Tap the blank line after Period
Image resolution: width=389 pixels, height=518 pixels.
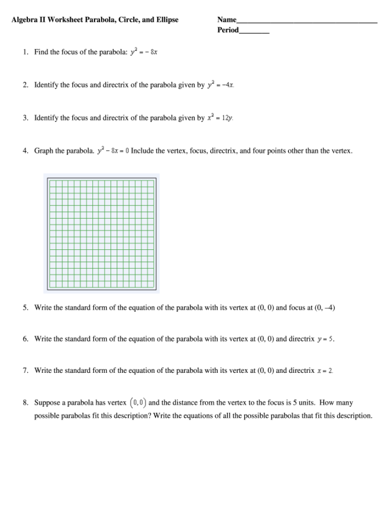tap(254, 31)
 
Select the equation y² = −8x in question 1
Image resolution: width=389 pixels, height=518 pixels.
tap(144, 52)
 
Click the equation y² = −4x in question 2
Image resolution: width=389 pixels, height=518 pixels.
tap(221, 85)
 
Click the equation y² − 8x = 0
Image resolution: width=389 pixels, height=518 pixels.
tap(113, 151)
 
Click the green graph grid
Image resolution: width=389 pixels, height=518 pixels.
tap(101, 233)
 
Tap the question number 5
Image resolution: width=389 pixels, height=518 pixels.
tap(26, 307)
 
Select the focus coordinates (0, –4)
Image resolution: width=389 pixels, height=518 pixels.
tap(325, 307)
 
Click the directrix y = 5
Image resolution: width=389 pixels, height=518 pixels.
tap(326, 339)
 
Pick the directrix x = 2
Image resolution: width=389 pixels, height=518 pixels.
tap(325, 371)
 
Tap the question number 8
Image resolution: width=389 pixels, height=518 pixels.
tap(26, 402)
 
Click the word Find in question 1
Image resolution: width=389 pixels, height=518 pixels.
tap(41, 52)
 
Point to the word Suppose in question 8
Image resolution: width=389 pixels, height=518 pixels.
tap(47, 402)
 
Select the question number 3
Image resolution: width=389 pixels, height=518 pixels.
tap(26, 118)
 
